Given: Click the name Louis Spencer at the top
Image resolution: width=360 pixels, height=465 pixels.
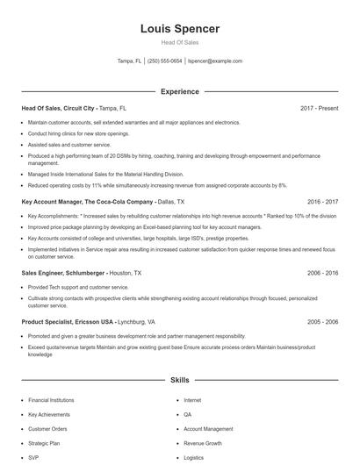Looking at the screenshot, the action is [180, 29].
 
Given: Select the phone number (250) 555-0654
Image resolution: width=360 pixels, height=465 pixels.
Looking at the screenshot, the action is [165, 61].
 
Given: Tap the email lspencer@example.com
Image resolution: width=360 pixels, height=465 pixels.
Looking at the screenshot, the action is [215, 61].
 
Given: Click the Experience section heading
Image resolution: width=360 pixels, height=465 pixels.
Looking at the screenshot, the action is [180, 91].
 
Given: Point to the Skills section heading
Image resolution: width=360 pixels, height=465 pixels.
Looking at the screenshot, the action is [180, 380].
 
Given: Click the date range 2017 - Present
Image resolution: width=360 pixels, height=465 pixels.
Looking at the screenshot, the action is [319, 108].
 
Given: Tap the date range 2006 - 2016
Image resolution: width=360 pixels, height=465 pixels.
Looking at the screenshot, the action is [323, 273].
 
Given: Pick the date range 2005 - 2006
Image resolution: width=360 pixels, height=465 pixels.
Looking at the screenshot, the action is [323, 321].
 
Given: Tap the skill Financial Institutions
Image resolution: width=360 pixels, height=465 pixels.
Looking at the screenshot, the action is [50, 400].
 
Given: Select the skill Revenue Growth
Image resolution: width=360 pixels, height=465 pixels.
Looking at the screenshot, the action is [202, 443].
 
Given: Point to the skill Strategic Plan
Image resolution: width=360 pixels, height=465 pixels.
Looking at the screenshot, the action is [44, 443].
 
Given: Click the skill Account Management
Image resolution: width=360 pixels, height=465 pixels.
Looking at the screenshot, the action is [208, 429].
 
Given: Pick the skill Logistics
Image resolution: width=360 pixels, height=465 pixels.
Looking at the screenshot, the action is [194, 458].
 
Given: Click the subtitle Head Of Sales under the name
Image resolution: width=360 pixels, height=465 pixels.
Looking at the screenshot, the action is [180, 43].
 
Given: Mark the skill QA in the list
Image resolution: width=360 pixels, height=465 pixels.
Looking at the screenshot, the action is [188, 414].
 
